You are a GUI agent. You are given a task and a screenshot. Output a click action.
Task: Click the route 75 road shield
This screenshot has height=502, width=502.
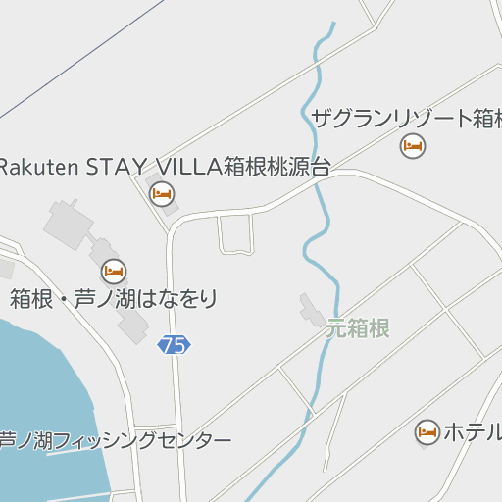click(174, 344)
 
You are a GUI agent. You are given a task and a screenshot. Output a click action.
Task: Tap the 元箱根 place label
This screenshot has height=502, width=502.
click(358, 328)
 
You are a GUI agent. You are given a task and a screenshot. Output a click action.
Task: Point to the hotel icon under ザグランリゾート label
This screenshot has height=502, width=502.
click(413, 146)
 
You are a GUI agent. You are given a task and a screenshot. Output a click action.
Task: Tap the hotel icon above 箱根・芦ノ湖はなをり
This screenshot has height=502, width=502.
click(114, 271)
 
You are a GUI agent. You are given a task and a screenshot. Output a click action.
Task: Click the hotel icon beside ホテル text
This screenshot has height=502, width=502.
click(427, 431)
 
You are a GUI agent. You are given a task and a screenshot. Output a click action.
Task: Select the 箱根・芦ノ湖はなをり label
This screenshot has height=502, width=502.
click(114, 299)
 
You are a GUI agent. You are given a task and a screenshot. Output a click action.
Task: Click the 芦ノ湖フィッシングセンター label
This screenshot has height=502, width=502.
click(115, 440)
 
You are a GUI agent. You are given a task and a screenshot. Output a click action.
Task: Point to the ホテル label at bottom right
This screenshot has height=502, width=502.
click(473, 430)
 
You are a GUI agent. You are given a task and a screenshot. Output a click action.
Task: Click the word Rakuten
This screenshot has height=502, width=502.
click(37, 166)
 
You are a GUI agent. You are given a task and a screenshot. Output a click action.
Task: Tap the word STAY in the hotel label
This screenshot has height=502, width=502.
click(116, 166)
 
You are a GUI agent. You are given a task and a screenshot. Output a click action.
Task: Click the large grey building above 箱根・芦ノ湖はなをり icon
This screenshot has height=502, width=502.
click(67, 224)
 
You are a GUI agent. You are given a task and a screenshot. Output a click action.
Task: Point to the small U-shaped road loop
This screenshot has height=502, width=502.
click(236, 235)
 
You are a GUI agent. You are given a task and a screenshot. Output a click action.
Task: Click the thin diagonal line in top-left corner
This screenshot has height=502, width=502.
click(78, 54)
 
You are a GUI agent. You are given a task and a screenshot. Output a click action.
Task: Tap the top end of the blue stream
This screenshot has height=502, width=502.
click(333, 24)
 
